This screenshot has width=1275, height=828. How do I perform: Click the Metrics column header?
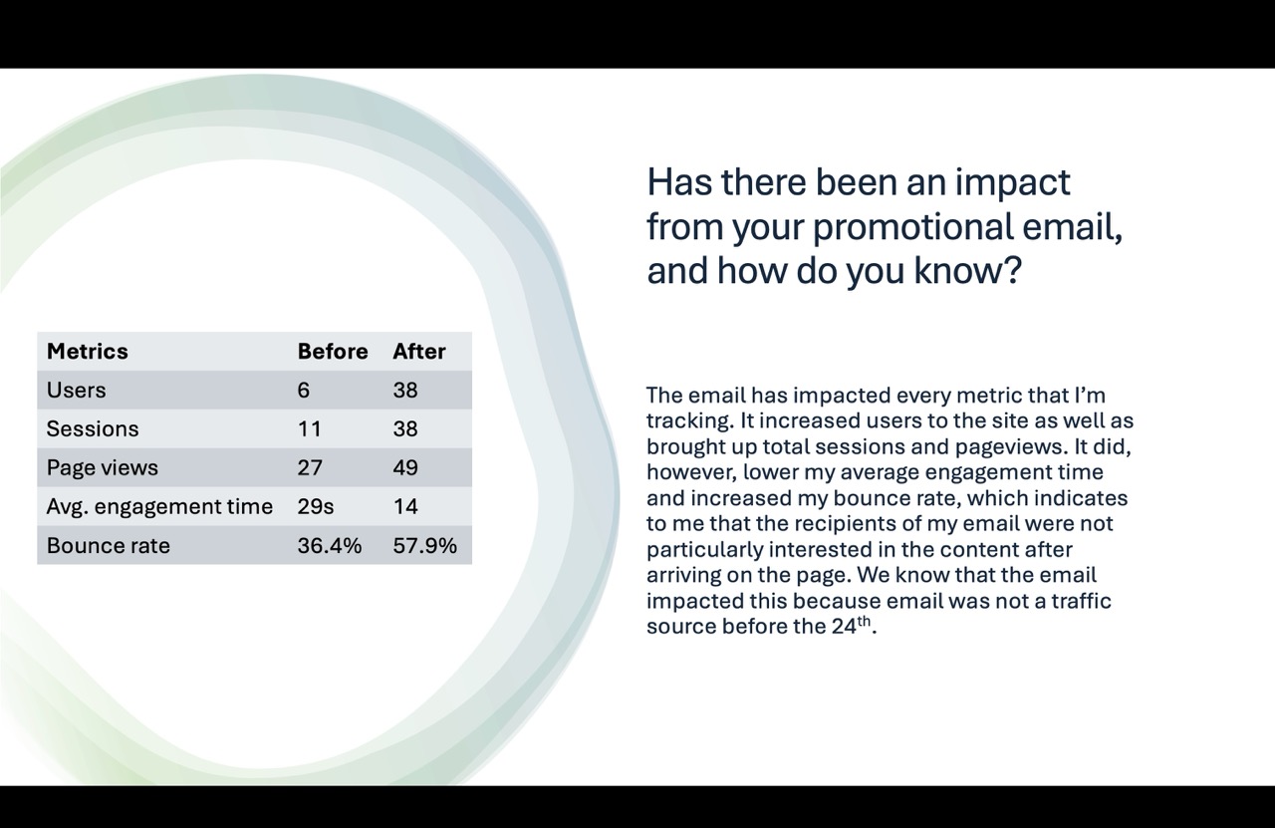coord(88,352)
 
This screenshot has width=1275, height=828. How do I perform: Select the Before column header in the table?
coord(332,352)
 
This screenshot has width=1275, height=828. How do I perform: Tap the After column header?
coord(418,352)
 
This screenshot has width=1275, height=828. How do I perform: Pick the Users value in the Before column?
coord(304,391)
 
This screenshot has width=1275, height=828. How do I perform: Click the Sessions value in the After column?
coord(405,429)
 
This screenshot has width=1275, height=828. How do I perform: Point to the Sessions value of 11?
coord(309,429)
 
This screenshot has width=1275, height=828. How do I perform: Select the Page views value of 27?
coord(310,468)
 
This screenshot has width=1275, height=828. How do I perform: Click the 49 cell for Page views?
coord(405,468)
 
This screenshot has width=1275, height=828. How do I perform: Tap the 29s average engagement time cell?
coord(315,507)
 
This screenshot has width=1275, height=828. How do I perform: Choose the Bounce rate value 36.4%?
coord(329,546)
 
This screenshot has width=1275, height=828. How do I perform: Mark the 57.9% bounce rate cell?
coord(424,546)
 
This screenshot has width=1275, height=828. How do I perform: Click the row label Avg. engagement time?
coord(159,507)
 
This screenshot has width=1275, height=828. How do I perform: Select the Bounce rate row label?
coord(108,546)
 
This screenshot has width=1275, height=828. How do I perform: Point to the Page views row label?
coord(102,468)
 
